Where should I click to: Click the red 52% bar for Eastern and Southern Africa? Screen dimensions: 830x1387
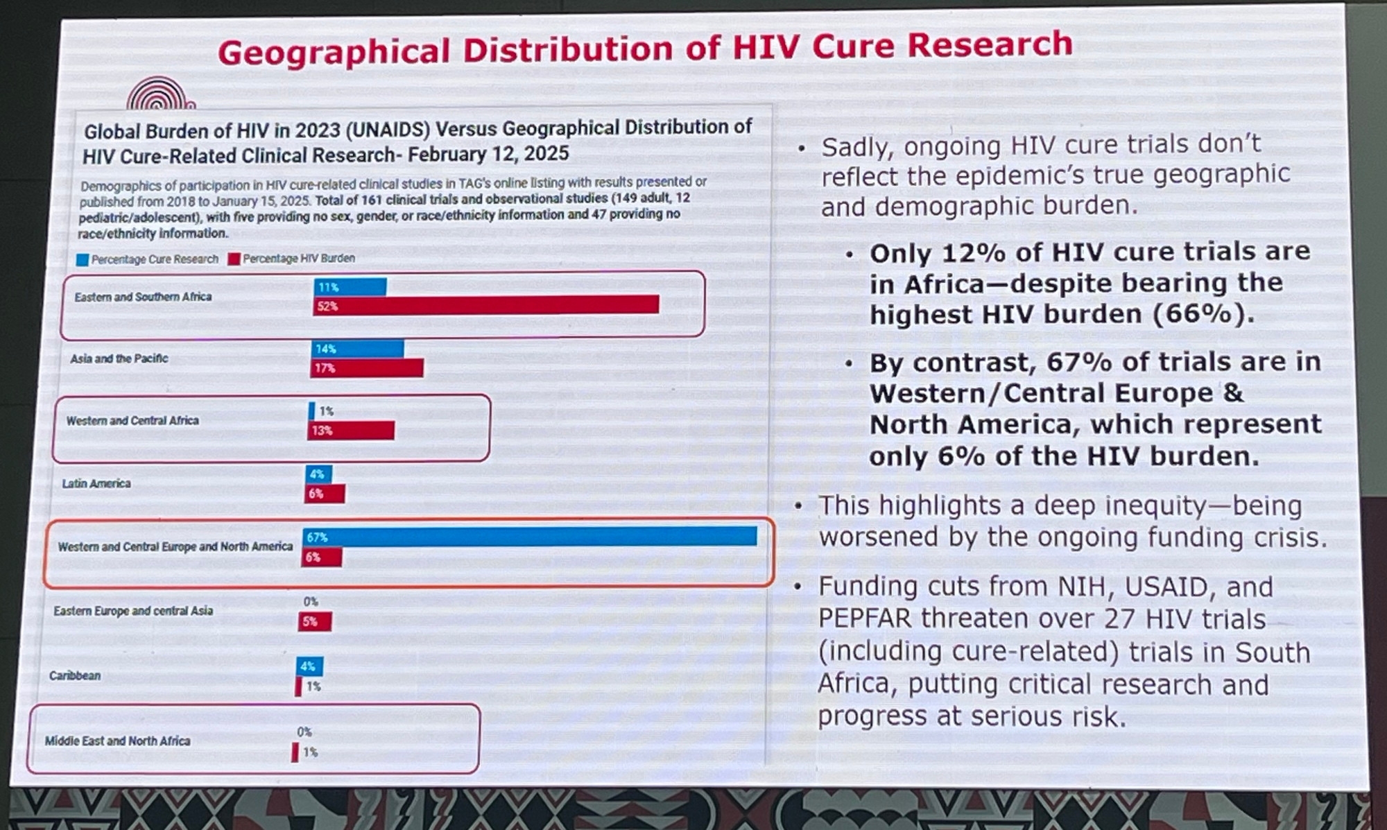pyautogui.click(x=485, y=305)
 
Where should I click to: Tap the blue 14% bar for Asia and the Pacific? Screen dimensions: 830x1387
pyautogui.click(x=357, y=349)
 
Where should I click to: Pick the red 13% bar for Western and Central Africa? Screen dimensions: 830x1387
pyautogui.click(x=351, y=431)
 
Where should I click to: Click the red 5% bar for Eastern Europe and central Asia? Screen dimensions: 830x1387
pyautogui.click(x=315, y=621)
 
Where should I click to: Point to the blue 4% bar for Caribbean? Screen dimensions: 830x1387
pyautogui.click(x=309, y=666)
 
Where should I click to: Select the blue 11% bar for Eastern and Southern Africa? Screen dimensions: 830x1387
pyautogui.click(x=350, y=286)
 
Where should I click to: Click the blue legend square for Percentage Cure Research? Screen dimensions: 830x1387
pyautogui.click(x=83, y=260)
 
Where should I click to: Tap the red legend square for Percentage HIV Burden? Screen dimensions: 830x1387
pyautogui.click(x=234, y=259)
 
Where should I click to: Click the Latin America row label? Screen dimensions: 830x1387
pyautogui.click(x=96, y=483)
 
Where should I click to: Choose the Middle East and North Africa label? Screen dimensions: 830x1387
pyautogui.click(x=117, y=741)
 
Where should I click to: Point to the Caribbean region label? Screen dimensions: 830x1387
pyautogui.click(x=75, y=675)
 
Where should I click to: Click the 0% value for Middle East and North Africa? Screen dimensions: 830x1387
pyautogui.click(x=304, y=732)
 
